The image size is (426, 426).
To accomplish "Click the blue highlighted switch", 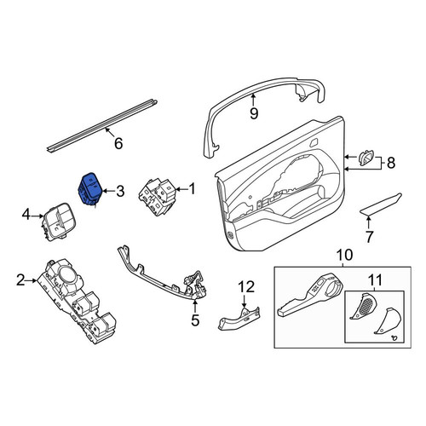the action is (x=89, y=188).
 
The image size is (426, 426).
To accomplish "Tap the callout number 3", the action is (x=120, y=191).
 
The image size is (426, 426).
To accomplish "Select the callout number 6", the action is (x=118, y=143).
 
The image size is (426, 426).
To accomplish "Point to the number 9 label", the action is (x=254, y=113).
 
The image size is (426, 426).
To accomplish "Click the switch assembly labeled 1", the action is (x=158, y=197).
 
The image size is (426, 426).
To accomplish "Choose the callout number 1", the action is (x=193, y=189).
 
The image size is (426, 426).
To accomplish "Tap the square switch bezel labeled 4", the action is (x=57, y=221).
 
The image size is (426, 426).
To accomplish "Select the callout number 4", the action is (x=26, y=214).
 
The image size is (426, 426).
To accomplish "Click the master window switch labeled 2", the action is (x=77, y=301).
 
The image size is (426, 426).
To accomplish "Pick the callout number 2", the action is (x=20, y=280).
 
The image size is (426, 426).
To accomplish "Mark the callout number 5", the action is (x=195, y=320).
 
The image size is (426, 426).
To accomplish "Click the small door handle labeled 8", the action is (x=366, y=158).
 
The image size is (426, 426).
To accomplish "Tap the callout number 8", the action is (x=391, y=163).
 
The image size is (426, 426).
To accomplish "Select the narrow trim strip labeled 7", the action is (x=381, y=204).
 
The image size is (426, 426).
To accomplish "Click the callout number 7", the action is (x=369, y=237).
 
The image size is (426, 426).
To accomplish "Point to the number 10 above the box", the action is (x=344, y=255).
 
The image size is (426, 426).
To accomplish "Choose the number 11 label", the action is (x=375, y=280).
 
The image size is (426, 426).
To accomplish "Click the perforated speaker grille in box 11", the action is (x=364, y=306).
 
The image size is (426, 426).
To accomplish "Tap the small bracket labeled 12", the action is (x=240, y=319).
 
